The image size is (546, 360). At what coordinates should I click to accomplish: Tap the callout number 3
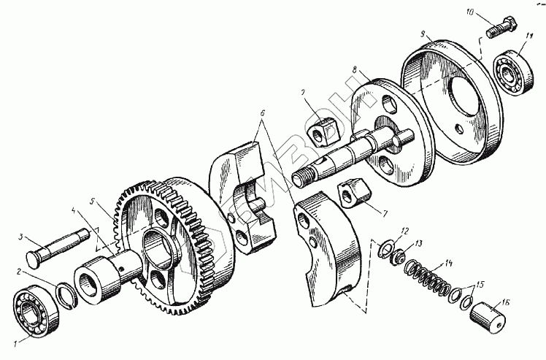[23, 237]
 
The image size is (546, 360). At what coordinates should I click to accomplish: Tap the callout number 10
[470, 14]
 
